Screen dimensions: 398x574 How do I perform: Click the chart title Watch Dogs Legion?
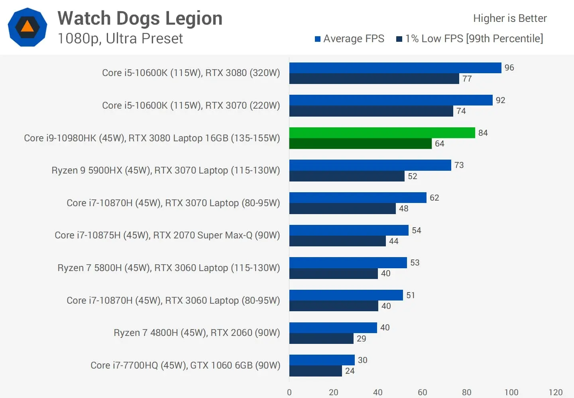(140, 18)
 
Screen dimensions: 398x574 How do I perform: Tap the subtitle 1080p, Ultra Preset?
(120, 39)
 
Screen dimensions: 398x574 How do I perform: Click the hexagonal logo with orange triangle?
(28, 27)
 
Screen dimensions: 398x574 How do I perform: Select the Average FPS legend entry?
(350, 39)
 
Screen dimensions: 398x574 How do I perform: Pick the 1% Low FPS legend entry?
(470, 39)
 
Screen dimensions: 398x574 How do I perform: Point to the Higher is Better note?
(510, 18)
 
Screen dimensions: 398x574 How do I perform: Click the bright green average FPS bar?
(382, 133)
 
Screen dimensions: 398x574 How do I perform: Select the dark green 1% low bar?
(360, 144)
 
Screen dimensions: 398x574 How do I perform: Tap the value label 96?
(509, 68)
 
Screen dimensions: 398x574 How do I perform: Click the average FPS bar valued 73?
(370, 165)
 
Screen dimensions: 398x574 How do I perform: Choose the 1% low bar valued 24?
(316, 371)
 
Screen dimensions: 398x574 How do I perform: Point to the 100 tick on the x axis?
(511, 392)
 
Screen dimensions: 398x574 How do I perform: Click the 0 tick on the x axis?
(289, 392)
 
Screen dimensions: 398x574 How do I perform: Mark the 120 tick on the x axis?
(555, 392)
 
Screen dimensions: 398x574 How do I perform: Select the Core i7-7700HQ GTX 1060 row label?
(185, 365)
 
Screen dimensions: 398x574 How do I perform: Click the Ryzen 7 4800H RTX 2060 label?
(197, 333)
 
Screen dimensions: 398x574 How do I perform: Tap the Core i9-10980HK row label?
(152, 138)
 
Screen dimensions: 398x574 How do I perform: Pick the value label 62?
(434, 198)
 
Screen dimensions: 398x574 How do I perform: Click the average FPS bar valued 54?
(349, 230)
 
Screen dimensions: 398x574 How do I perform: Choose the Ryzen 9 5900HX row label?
(166, 170)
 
